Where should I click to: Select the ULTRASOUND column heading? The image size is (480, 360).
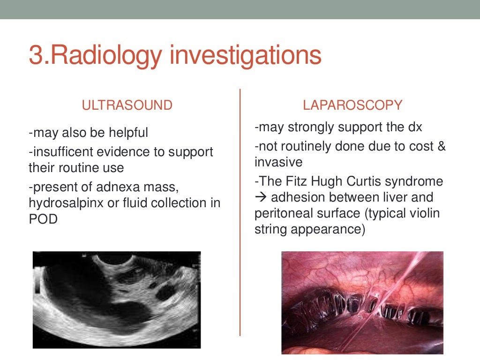pyautogui.click(x=127, y=105)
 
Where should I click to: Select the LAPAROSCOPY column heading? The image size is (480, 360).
pyautogui.click(x=352, y=105)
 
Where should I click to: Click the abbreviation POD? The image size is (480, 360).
pyautogui.click(x=43, y=218)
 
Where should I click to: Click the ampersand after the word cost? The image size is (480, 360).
pyautogui.click(x=441, y=146)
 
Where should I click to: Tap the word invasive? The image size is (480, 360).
pyautogui.click(x=278, y=162)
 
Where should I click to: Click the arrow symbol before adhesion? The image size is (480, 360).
pyautogui.click(x=261, y=197)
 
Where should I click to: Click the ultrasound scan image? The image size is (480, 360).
pyautogui.click(x=116, y=300)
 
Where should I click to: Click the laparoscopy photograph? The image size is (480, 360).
pyautogui.click(x=362, y=302)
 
